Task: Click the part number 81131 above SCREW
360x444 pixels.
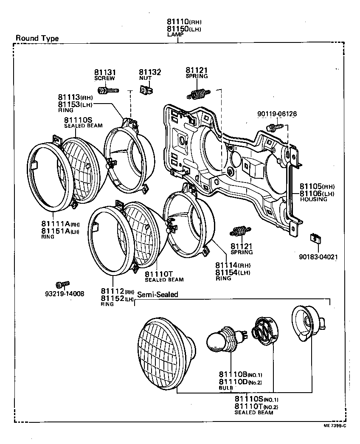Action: tap(104, 73)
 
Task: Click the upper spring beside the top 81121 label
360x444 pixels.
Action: tap(197, 94)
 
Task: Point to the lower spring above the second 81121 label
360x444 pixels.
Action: tap(239, 232)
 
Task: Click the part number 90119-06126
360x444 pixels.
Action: tap(277, 114)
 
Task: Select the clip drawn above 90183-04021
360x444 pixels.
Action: tap(315, 239)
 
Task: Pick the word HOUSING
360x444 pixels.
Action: tap(313, 199)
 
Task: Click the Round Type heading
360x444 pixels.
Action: tap(37, 38)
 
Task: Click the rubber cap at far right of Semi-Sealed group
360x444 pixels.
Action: tap(309, 323)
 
